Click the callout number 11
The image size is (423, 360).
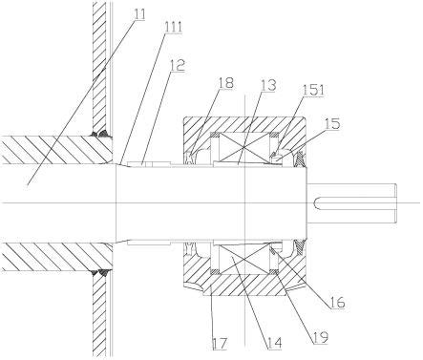click(x=139, y=14)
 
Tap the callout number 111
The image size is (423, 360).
click(x=173, y=28)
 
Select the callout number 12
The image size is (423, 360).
click(x=178, y=66)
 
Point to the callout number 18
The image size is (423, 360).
click(x=225, y=83)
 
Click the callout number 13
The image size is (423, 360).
click(x=268, y=85)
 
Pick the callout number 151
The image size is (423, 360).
click(x=313, y=91)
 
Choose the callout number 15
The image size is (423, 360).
click(x=332, y=123)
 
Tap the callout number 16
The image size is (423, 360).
click(x=337, y=303)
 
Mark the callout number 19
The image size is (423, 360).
click(x=320, y=338)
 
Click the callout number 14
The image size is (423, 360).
click(x=274, y=343)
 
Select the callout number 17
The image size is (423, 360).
click(x=221, y=344)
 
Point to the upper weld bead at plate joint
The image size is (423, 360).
click(x=101, y=134)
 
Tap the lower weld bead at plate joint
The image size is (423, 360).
click(x=101, y=272)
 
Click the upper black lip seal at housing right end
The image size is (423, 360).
click(x=300, y=159)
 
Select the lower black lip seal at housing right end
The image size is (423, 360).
click(x=300, y=247)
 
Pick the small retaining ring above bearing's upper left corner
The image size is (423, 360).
click(x=216, y=135)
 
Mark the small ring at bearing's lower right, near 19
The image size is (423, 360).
click(x=274, y=271)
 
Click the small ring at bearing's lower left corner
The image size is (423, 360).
click(x=216, y=271)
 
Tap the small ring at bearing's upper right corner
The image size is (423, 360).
click(x=274, y=135)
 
